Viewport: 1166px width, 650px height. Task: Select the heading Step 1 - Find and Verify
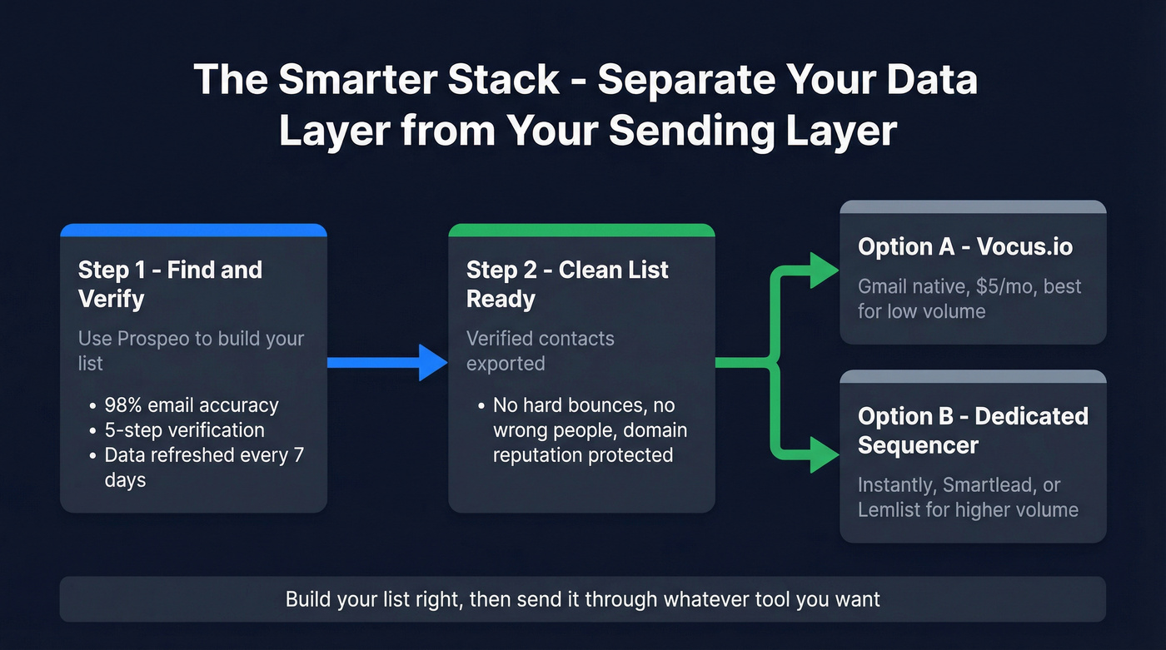click(170, 284)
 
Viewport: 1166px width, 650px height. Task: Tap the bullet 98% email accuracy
click(191, 405)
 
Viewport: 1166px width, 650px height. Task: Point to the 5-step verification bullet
click(184, 430)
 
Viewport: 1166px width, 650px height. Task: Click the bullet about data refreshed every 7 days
click(203, 455)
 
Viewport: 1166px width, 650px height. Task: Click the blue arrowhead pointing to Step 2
click(433, 362)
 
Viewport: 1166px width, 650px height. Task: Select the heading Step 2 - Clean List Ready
click(567, 284)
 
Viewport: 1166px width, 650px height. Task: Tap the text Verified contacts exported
click(540, 350)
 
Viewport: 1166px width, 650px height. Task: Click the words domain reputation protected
click(583, 455)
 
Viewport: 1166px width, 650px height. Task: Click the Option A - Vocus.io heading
click(964, 246)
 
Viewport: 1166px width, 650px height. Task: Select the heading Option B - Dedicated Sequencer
click(973, 430)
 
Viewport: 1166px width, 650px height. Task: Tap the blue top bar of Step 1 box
click(193, 230)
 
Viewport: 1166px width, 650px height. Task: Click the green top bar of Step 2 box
click(581, 230)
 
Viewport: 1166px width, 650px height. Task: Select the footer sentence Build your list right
click(582, 599)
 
